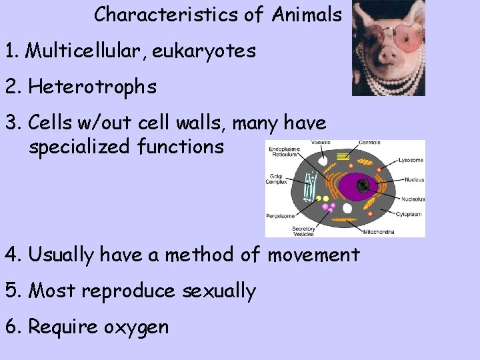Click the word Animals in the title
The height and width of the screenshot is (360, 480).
pyautogui.click(x=307, y=14)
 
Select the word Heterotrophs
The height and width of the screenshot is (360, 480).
pyautogui.click(x=93, y=87)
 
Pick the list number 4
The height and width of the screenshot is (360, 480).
pyautogui.click(x=11, y=255)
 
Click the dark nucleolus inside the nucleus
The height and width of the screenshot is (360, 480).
pyautogui.click(x=363, y=185)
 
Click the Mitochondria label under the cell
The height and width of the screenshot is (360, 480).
pyautogui.click(x=378, y=232)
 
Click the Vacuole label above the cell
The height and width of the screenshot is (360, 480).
pyautogui.click(x=320, y=143)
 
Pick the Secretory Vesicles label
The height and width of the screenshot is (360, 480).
pyautogui.click(x=304, y=231)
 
